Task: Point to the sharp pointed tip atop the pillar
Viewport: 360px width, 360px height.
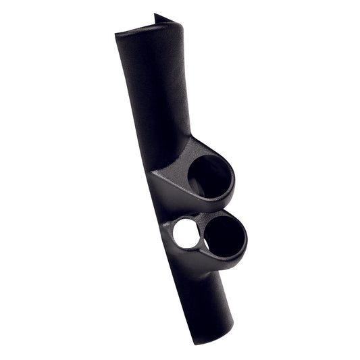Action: coord(155,15)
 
